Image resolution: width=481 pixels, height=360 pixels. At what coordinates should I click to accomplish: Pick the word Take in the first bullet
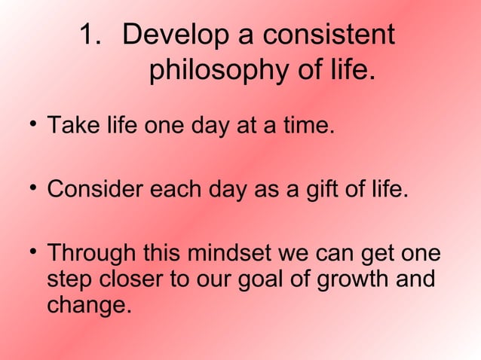(x=68, y=124)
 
